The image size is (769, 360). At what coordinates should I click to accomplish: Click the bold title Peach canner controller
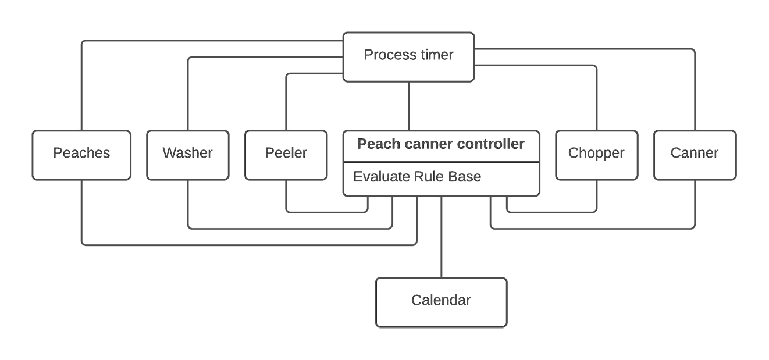click(440, 144)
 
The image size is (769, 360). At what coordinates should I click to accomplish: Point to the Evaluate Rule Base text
click(417, 177)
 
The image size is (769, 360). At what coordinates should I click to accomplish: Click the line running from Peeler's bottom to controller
click(326, 212)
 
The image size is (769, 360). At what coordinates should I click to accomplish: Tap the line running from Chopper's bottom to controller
click(553, 212)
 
